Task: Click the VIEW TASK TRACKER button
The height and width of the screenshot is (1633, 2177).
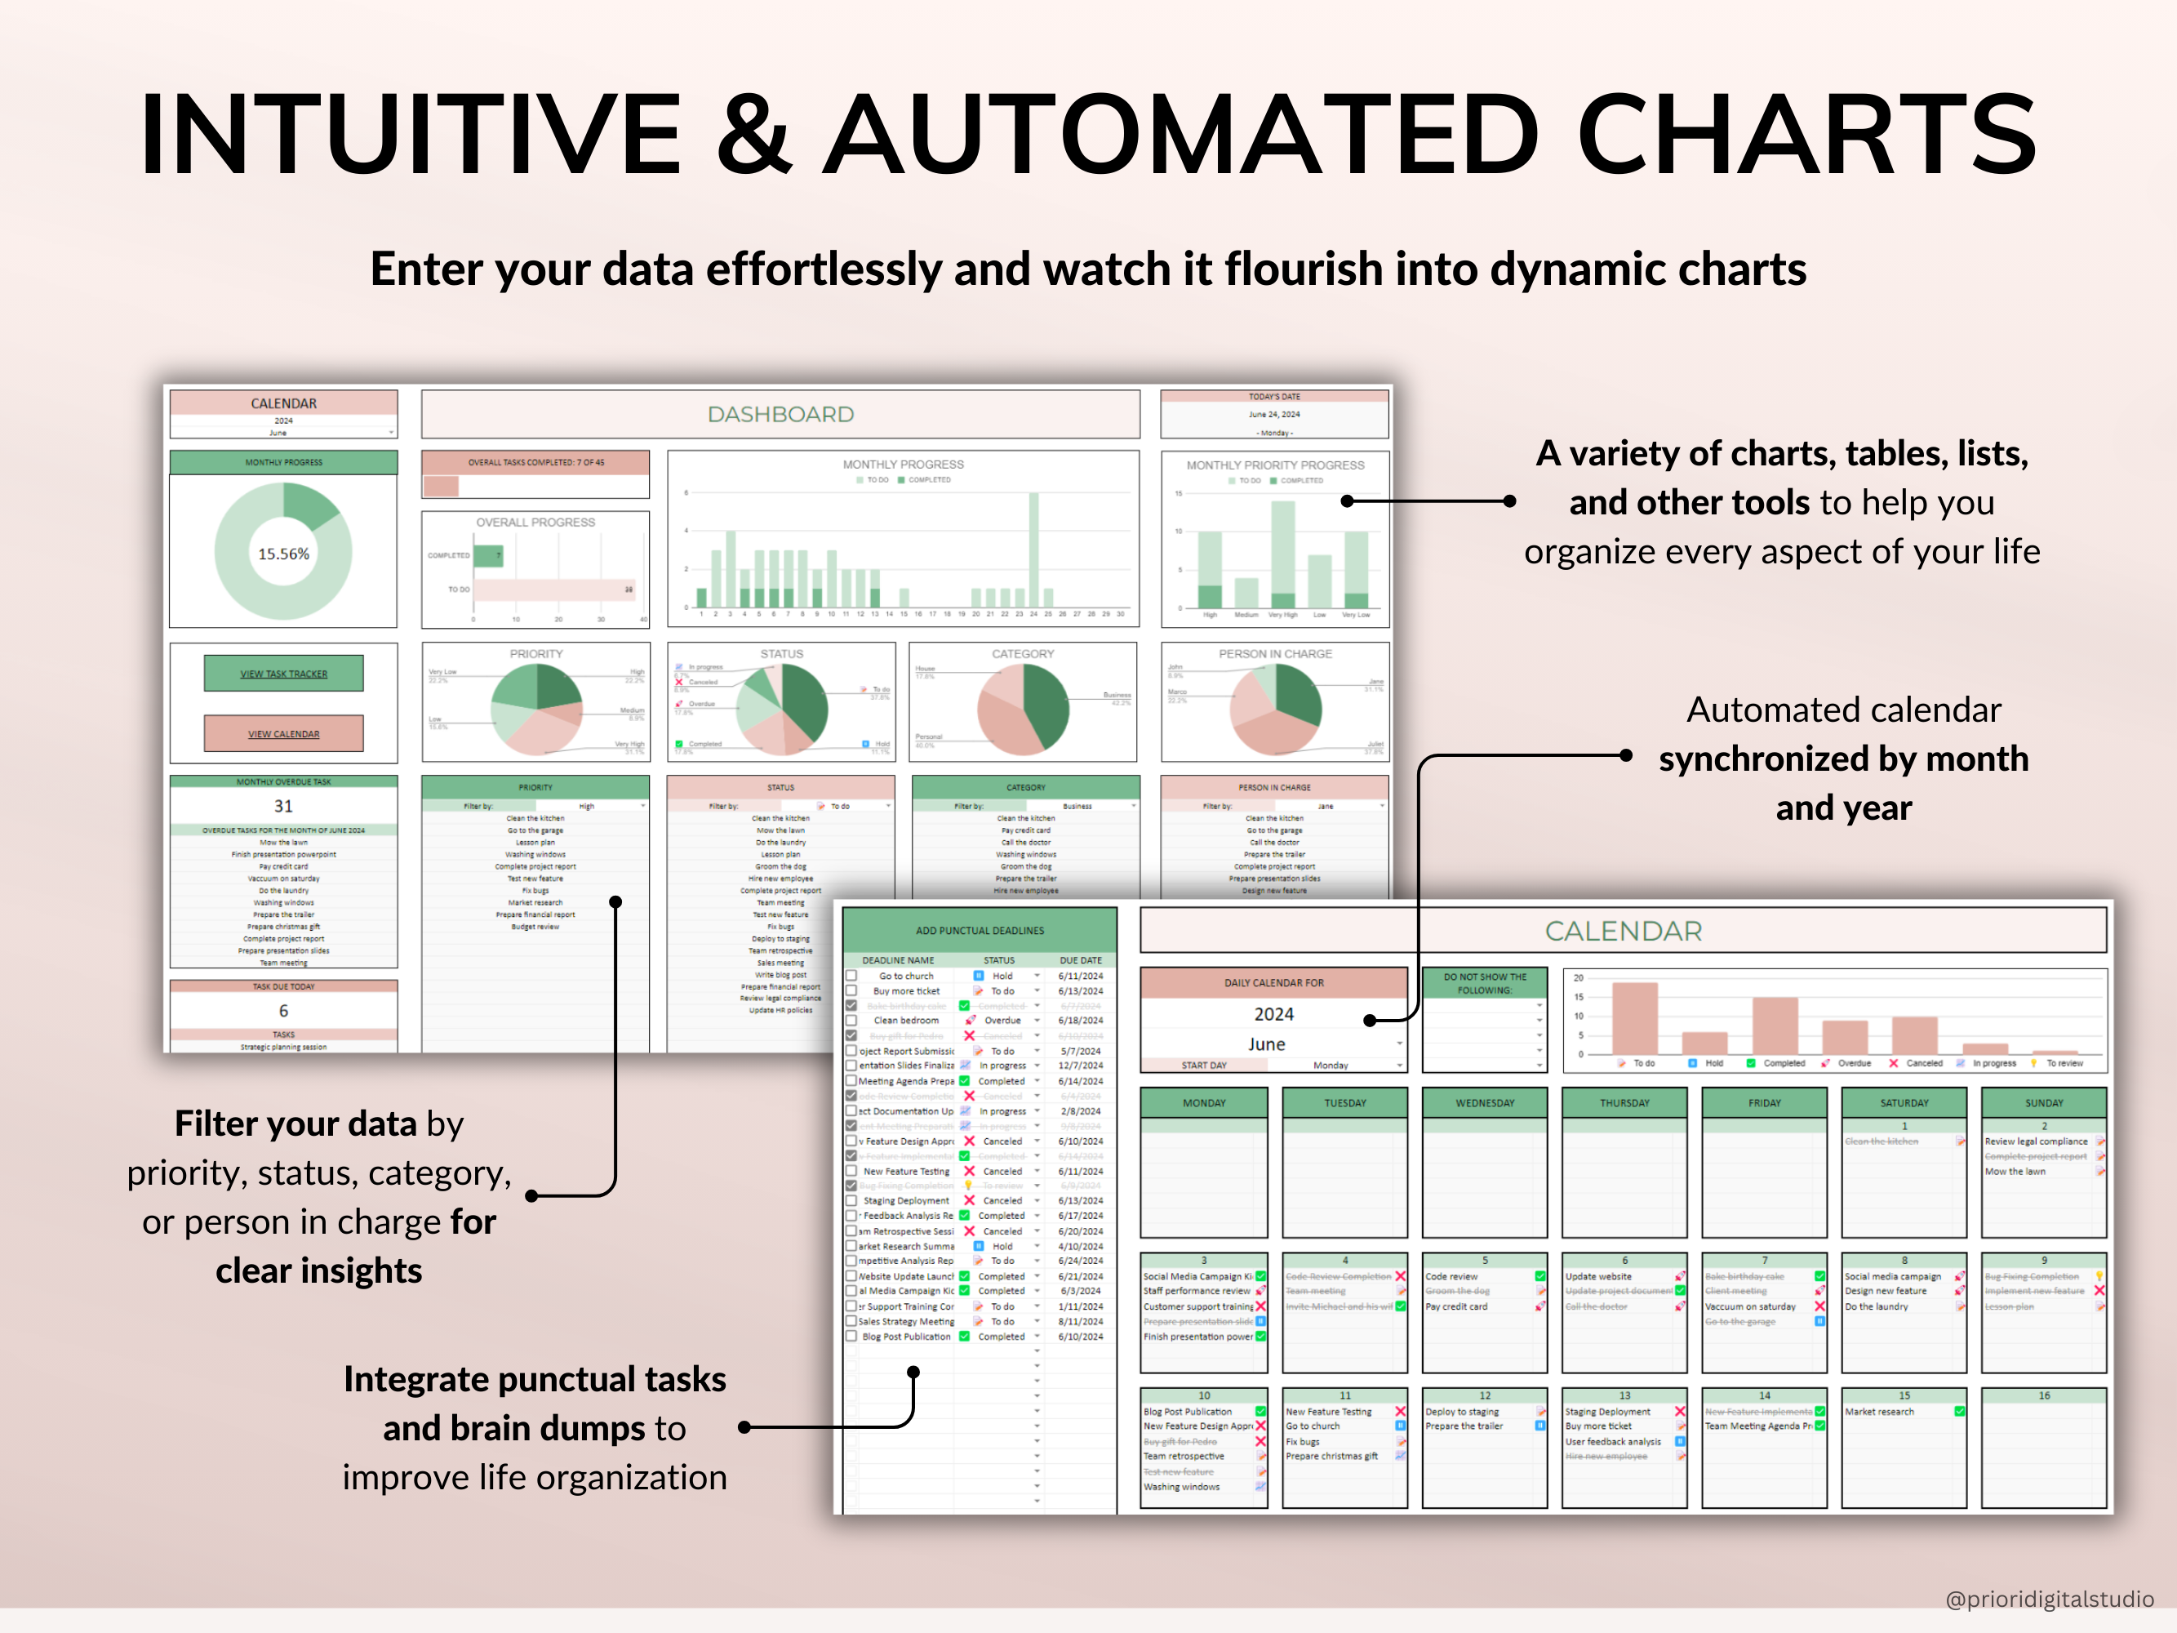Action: [283, 674]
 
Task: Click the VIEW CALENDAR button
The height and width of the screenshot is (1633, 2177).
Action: [283, 733]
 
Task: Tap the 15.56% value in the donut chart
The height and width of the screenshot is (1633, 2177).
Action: [283, 554]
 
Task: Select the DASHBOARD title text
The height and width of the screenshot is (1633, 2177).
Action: [780, 415]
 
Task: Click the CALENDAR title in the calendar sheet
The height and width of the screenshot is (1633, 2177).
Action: [1623, 931]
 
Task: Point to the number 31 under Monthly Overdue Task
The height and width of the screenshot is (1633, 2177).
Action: [283, 806]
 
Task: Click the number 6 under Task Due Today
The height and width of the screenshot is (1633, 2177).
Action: [283, 1011]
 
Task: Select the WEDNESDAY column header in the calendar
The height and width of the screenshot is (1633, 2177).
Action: [1484, 1103]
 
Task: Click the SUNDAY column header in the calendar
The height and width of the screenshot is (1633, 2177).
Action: [2043, 1103]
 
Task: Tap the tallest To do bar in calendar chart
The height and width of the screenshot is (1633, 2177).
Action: [1635, 1019]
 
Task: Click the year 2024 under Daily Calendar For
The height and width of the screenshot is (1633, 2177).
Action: [1273, 1014]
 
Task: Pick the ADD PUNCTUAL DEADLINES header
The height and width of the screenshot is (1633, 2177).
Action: [980, 930]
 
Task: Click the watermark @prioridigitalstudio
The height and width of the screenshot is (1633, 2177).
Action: [2049, 1600]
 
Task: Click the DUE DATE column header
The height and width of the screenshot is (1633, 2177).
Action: [1080, 959]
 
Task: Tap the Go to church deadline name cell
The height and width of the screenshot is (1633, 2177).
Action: [906, 976]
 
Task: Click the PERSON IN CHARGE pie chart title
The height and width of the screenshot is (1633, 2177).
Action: [1274, 653]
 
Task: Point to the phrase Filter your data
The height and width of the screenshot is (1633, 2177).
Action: [295, 1124]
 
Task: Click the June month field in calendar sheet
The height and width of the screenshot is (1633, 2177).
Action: [1267, 1044]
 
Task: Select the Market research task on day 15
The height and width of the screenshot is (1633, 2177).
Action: [1879, 1412]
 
